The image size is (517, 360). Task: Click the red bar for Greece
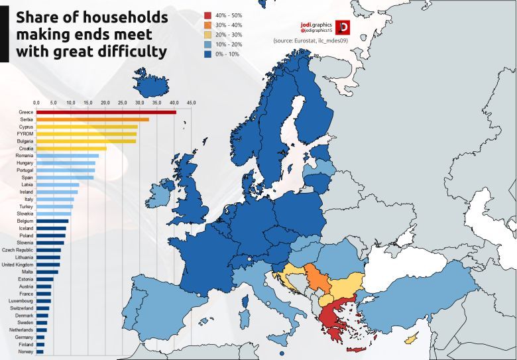pos(106,112)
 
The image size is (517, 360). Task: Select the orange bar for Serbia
pos(93,119)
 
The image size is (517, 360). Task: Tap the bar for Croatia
pos(71,149)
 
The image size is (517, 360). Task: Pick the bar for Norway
pos(40,351)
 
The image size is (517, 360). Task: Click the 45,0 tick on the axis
pos(191,103)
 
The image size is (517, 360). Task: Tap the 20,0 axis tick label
pos(105,103)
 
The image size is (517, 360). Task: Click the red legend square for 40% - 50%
pos(208,15)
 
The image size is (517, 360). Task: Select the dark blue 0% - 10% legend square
pos(208,54)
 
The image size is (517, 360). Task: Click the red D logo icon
pos(343,27)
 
